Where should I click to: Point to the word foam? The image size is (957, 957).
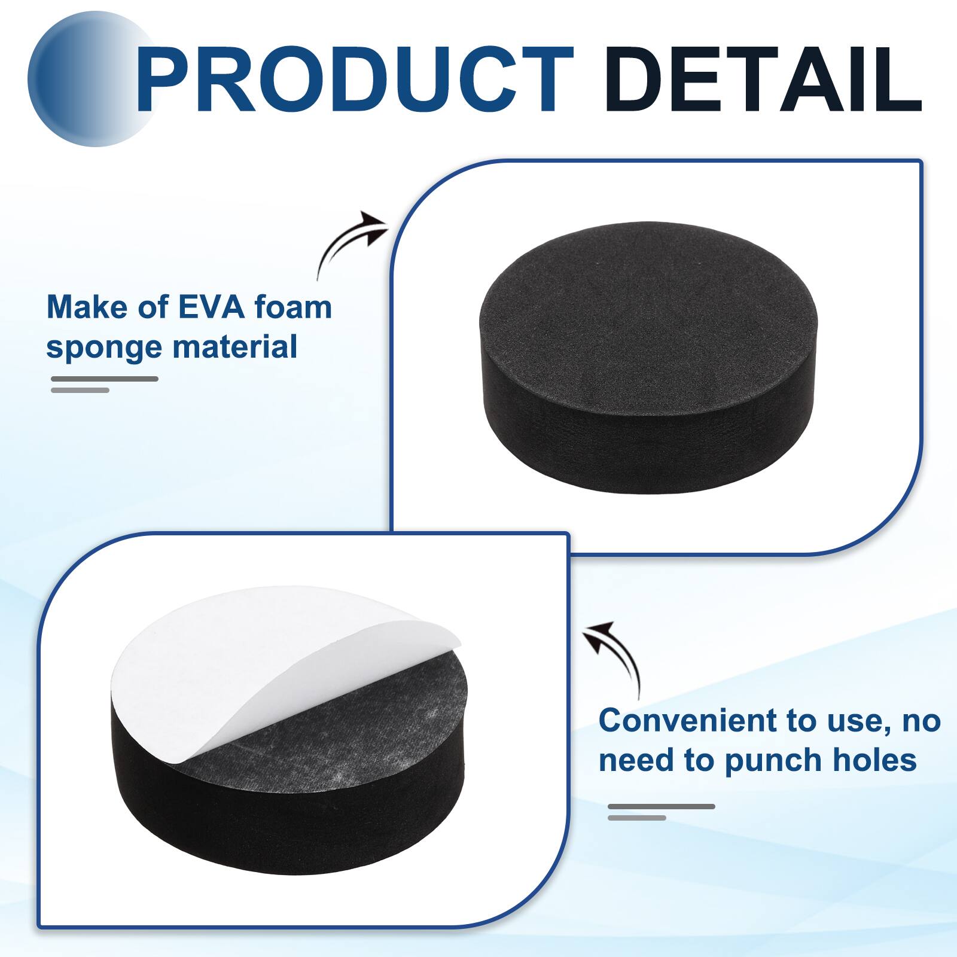293,307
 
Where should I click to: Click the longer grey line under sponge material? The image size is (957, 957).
105,379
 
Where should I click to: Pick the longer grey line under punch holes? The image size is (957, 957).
662,806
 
